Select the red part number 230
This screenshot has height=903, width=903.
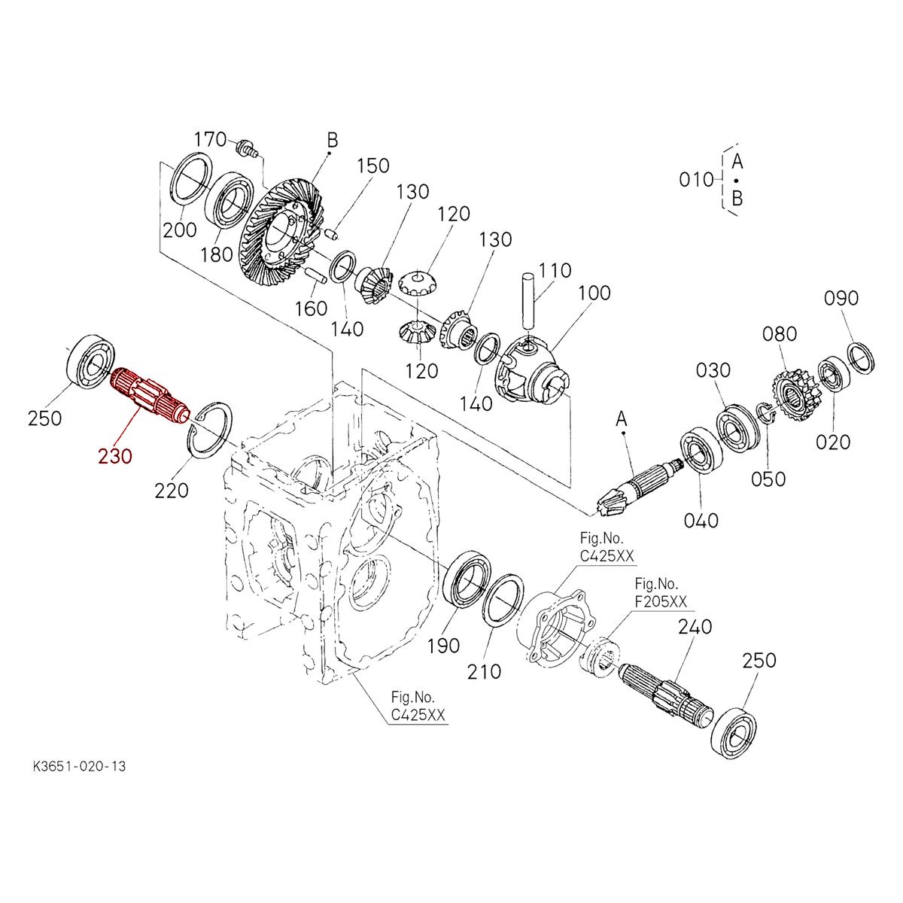tap(114, 455)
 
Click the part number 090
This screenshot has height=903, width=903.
tap(841, 298)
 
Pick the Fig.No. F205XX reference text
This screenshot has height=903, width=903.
tap(661, 593)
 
